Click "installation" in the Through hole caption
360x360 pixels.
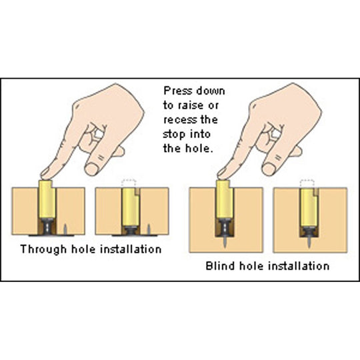[131, 249]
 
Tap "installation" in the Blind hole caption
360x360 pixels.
[299, 266]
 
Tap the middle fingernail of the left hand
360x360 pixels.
[91, 169]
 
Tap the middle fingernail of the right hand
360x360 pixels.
[268, 169]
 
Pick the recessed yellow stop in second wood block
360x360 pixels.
[131, 207]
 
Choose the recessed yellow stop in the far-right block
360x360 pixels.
[309, 207]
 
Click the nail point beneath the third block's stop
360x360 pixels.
[224, 243]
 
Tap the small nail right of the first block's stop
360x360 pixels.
[65, 229]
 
